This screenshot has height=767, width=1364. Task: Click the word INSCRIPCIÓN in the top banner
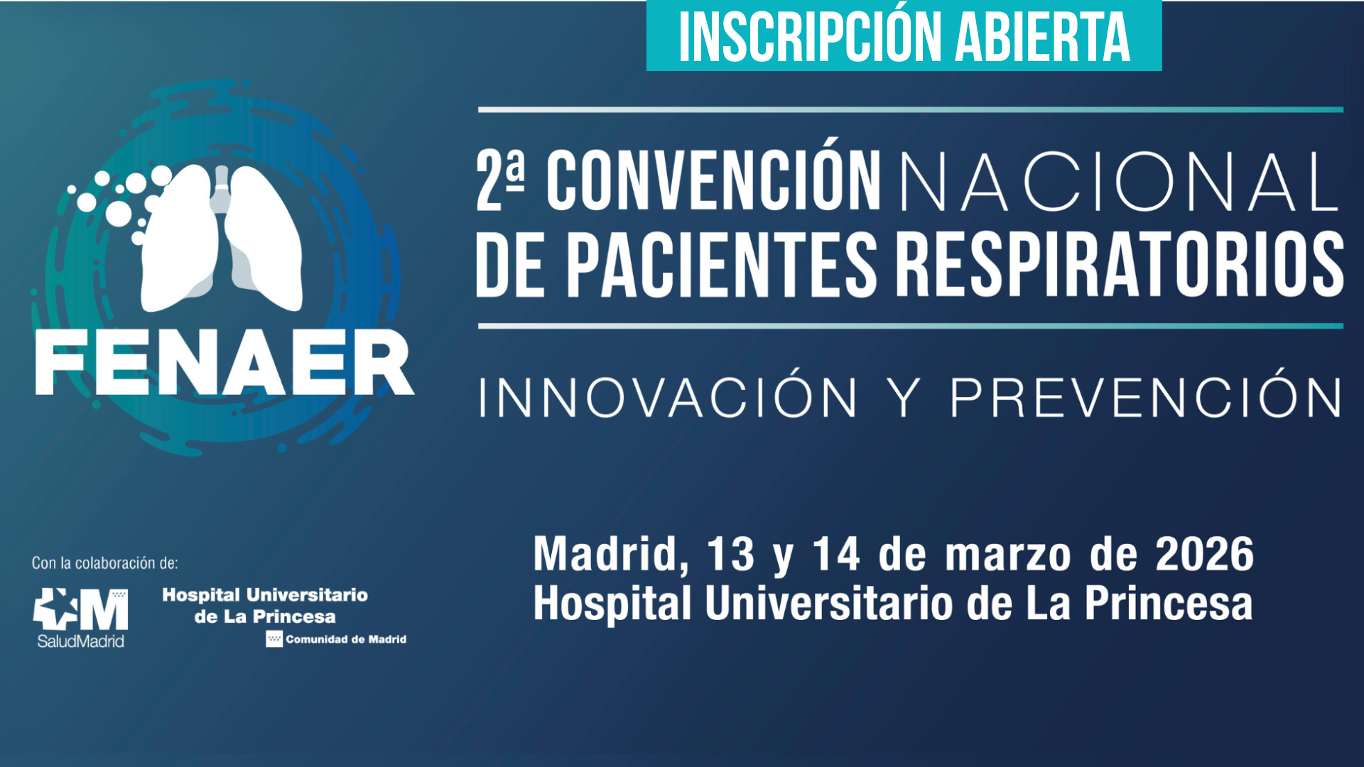pyautogui.click(x=810, y=38)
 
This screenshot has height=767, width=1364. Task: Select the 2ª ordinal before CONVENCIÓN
pyautogui.click(x=500, y=180)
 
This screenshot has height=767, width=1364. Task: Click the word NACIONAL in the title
pyautogui.click(x=1120, y=183)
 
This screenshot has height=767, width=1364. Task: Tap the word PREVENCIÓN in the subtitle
pyautogui.click(x=1145, y=397)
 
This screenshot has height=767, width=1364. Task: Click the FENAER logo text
pyautogui.click(x=224, y=363)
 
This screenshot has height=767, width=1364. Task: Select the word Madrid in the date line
pyautogui.click(x=610, y=554)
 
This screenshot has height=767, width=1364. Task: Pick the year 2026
pyautogui.click(x=1204, y=554)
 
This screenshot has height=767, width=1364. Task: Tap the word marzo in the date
pyautogui.click(x=1007, y=555)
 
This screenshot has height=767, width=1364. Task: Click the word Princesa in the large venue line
pyautogui.click(x=1168, y=604)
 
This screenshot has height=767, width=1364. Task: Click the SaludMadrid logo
pyautogui.click(x=80, y=617)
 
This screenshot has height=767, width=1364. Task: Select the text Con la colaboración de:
pyautogui.click(x=104, y=563)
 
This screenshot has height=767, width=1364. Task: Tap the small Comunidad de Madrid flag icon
pyautogui.click(x=274, y=639)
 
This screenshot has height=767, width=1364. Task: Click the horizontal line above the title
pyautogui.click(x=910, y=110)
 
